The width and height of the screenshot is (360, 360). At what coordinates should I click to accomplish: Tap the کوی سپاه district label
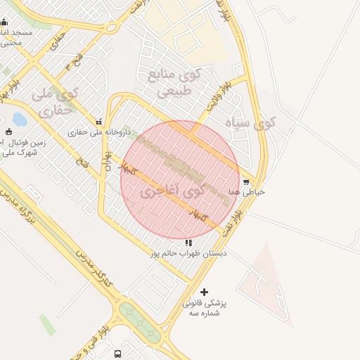251,124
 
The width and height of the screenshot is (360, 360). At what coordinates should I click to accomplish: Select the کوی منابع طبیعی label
171,82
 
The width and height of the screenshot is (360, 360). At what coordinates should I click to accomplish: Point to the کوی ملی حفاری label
54,101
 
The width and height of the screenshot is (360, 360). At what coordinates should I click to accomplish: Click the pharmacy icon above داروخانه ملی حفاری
98,121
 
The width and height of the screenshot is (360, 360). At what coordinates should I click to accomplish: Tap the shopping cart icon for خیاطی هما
245,181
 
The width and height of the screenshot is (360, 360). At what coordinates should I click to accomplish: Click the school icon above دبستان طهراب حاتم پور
188,243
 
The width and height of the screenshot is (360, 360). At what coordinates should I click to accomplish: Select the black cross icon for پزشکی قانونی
205,292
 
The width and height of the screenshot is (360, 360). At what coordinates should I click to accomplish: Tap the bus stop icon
117,354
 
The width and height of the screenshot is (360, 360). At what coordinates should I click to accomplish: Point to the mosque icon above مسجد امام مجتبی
4,22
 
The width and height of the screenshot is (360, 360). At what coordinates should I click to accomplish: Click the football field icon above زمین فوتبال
8,131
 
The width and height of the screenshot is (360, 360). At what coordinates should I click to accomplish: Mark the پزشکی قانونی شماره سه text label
205,308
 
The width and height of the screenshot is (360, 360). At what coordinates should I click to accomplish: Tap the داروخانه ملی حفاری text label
98,131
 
